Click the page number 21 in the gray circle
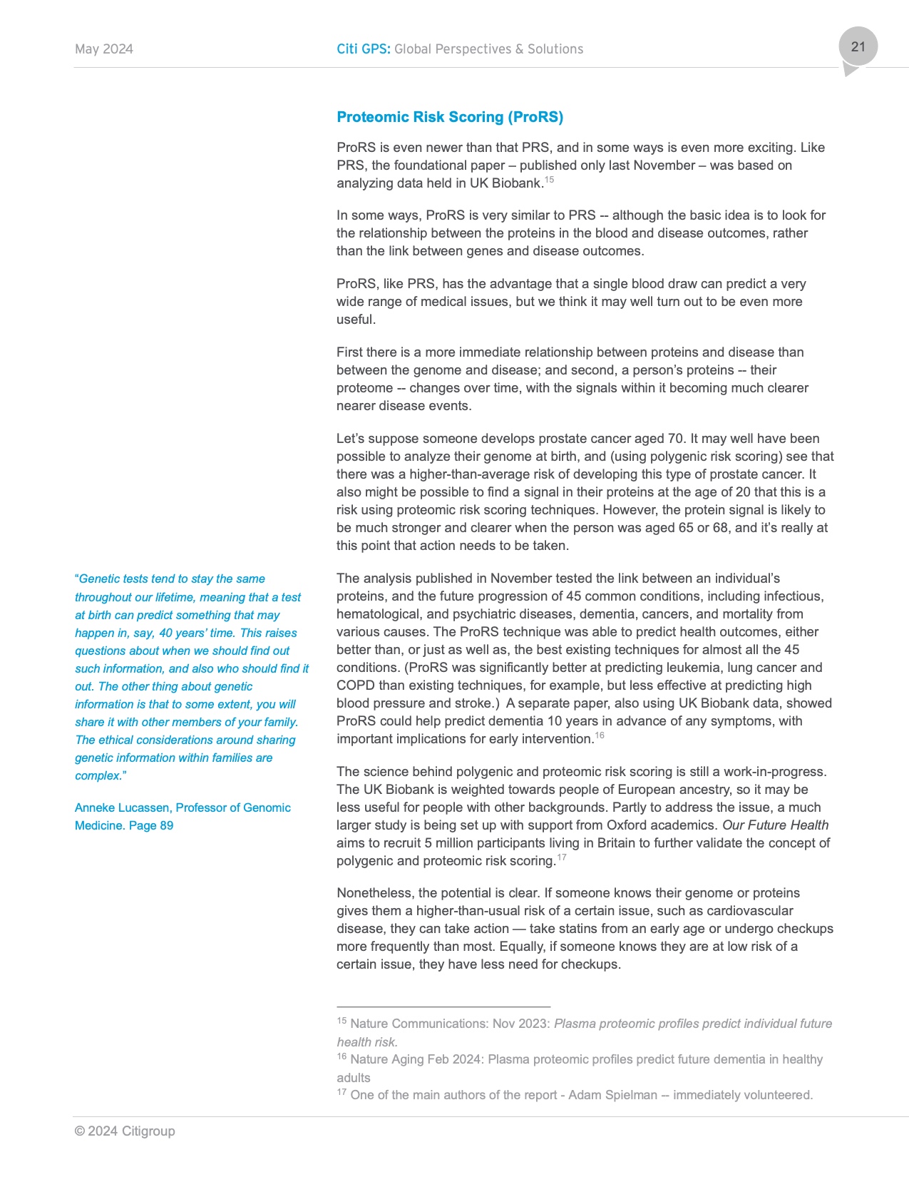(x=858, y=47)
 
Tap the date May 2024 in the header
(x=104, y=49)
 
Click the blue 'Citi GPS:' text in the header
(x=364, y=49)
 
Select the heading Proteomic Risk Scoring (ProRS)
(x=450, y=117)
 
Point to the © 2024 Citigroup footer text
(x=125, y=1131)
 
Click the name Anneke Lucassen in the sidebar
(x=122, y=807)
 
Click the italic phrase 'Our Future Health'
(x=776, y=825)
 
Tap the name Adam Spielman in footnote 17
(x=612, y=1095)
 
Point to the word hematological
(x=379, y=614)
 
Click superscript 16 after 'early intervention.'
(x=600, y=735)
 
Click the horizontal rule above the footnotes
(x=443, y=1006)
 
